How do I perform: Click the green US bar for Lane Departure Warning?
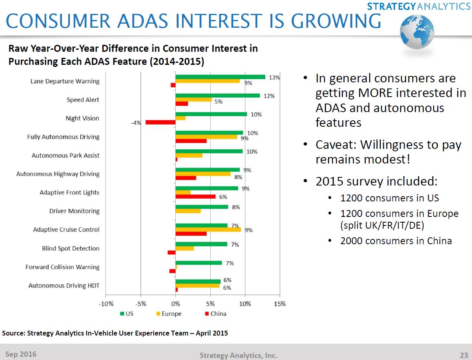(x=220, y=77)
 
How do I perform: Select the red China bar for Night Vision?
(x=161, y=122)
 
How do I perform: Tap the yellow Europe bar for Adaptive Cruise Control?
(x=208, y=230)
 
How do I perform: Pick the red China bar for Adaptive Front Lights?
(x=196, y=197)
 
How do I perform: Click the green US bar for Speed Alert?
(x=218, y=95)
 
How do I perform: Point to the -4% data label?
(x=136, y=122)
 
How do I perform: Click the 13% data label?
(x=274, y=77)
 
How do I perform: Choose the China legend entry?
(x=215, y=314)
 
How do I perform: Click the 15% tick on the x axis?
(x=280, y=304)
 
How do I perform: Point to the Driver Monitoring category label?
(x=74, y=211)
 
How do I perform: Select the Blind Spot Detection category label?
(x=71, y=248)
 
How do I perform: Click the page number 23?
(x=464, y=355)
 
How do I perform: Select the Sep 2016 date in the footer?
(x=20, y=354)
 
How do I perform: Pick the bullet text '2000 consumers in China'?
(x=396, y=241)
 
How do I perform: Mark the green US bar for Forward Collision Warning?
(x=199, y=263)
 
